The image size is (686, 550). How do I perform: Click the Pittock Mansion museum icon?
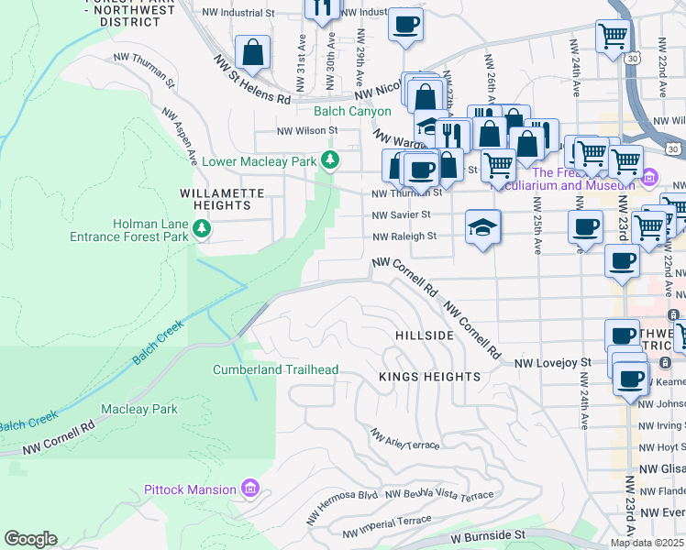click(x=249, y=489)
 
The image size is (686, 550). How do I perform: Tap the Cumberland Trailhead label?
click(x=276, y=370)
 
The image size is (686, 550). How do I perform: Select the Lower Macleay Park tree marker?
click(x=330, y=161)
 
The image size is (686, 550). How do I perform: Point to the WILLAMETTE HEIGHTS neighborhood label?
click(x=222, y=200)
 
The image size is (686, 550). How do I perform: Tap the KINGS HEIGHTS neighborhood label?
click(x=430, y=377)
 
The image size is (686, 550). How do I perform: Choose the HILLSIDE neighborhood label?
click(x=424, y=336)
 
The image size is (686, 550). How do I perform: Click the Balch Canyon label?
click(x=352, y=111)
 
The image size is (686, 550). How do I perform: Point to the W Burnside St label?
click(x=489, y=533)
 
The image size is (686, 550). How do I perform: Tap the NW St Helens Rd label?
click(x=252, y=80)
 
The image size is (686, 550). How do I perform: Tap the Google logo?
click(x=31, y=539)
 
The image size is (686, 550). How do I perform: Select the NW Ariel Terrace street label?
click(x=405, y=444)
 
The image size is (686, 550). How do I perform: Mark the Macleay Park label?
click(x=139, y=409)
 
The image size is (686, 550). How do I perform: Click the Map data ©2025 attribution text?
click(x=647, y=543)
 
